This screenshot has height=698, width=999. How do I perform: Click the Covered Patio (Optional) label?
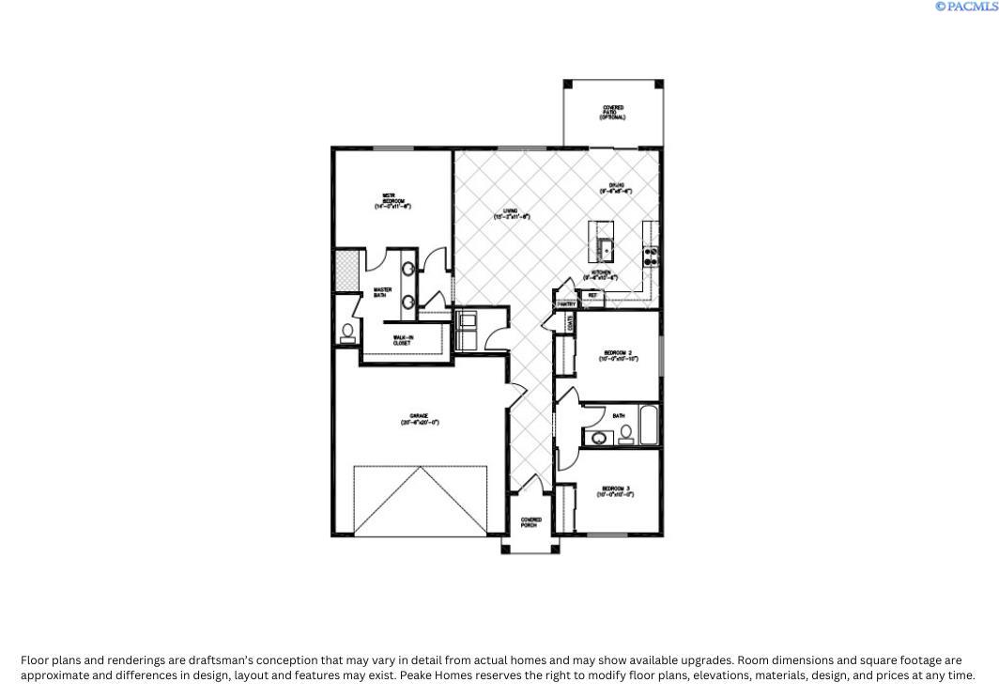pos(613,113)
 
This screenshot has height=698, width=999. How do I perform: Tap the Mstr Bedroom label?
pos(393,200)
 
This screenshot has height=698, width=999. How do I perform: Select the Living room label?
pos(512,213)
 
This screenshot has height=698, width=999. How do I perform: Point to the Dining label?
pos(616,188)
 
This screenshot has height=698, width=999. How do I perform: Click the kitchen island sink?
pos(607,250)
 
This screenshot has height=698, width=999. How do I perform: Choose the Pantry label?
pos(565,304)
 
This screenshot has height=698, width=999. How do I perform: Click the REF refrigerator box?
pos(592,296)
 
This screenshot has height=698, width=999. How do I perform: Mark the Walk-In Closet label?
pos(403,340)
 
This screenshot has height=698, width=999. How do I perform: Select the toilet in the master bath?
pos(347,331)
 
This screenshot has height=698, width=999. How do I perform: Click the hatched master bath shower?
pos(346,270)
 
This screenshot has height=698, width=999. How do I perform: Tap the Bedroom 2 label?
pos(618,355)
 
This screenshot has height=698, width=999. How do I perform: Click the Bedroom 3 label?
pos(616,490)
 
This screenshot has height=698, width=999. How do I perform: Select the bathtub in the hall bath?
pos(651,425)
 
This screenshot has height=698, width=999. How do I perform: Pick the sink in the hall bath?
pos(598,438)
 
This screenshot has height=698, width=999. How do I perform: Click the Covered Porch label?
pos(531,522)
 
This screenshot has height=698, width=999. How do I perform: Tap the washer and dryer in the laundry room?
pos(467,330)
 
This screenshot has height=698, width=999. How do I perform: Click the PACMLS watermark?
pos(966,7)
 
